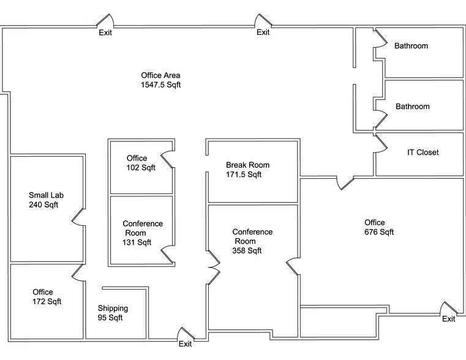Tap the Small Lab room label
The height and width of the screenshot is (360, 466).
point(46,200)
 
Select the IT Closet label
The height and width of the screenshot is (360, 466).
point(423,152)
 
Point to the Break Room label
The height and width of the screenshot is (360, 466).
point(247,170)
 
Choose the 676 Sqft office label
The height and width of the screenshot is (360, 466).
point(378,227)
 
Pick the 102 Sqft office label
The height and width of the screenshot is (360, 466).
point(141,163)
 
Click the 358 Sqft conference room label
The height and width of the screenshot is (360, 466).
point(252,241)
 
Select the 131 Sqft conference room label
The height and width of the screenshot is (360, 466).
point(142,233)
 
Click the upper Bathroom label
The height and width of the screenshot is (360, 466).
point(411,46)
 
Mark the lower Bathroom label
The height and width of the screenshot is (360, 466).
point(412,107)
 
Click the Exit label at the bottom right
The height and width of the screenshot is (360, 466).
point(448,318)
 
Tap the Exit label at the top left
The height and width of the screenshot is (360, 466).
point(105,32)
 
